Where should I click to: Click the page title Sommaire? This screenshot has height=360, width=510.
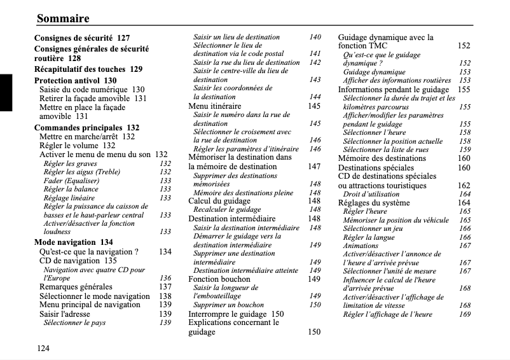point(63,18)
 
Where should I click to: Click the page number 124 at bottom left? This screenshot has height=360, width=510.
point(43,347)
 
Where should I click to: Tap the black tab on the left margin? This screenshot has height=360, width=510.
point(6,92)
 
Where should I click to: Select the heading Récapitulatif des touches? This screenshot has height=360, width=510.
point(79,69)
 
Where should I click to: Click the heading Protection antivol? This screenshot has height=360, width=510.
point(67,81)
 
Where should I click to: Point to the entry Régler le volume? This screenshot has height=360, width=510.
point(69,146)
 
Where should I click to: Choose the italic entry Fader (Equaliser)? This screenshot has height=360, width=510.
point(71,181)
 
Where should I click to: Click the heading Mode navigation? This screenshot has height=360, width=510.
point(64,242)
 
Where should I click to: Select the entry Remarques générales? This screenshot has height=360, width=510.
point(76,287)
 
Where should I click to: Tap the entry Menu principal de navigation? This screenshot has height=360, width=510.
point(90,305)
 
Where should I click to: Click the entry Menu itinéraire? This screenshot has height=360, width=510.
point(215,106)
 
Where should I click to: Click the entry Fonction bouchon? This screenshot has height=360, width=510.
point(219,279)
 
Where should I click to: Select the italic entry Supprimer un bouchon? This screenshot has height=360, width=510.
point(228,305)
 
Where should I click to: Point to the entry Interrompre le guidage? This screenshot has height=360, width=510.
point(227,314)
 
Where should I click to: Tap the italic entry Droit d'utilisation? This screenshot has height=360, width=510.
point(371,194)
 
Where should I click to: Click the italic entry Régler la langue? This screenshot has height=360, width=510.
point(369,237)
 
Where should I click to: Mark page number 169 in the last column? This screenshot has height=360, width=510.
point(465,314)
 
